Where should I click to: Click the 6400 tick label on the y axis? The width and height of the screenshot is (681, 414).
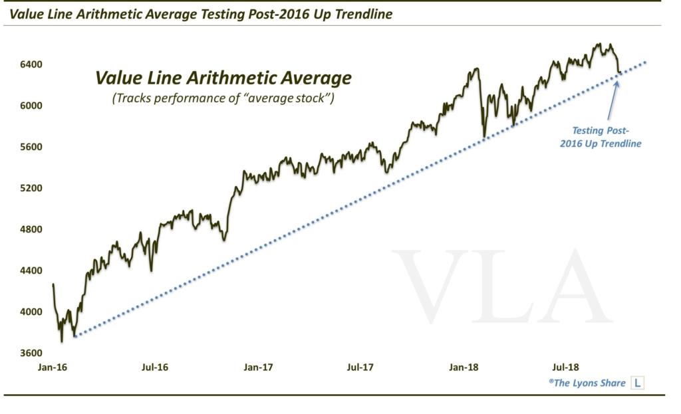(x=30, y=64)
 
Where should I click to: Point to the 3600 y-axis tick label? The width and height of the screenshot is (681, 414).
(x=30, y=353)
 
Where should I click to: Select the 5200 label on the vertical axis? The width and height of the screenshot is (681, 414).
(x=30, y=188)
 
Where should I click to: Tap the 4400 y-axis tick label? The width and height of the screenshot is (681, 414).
(x=30, y=270)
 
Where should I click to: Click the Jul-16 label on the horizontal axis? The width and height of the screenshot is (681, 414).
(x=155, y=366)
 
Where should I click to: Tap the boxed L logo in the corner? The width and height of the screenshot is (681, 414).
(x=638, y=383)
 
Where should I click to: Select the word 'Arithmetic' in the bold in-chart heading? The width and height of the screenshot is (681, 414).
(x=219, y=78)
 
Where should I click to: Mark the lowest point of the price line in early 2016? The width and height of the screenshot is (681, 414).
(x=62, y=341)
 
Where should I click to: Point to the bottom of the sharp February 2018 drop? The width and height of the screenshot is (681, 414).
(x=483, y=136)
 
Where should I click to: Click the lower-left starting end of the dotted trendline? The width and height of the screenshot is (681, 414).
(x=74, y=336)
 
